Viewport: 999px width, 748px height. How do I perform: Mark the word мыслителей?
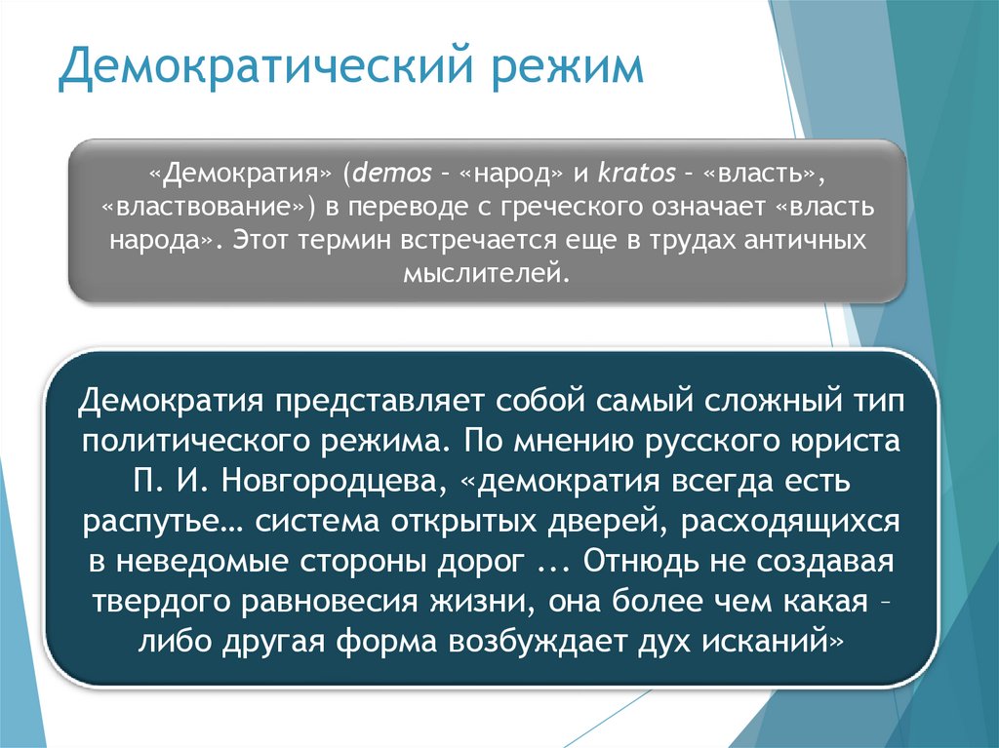coord(482,272)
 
